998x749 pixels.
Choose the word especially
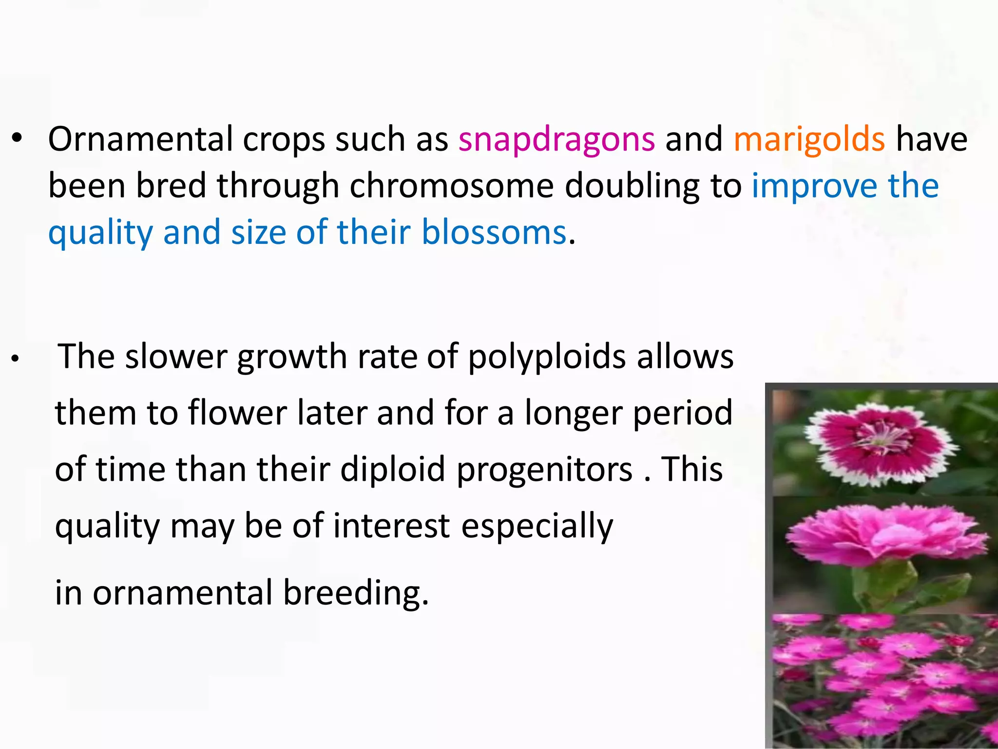pyautogui.click(x=537, y=527)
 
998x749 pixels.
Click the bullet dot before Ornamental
pyautogui.click(x=17, y=139)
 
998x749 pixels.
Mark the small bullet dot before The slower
pyautogui.click(x=16, y=359)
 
